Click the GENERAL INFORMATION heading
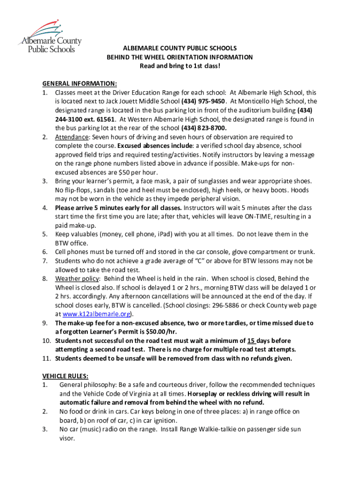coord(79,84)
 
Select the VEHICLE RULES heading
coord(65,376)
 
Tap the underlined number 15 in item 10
coord(252,341)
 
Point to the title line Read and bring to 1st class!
coord(180,66)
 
